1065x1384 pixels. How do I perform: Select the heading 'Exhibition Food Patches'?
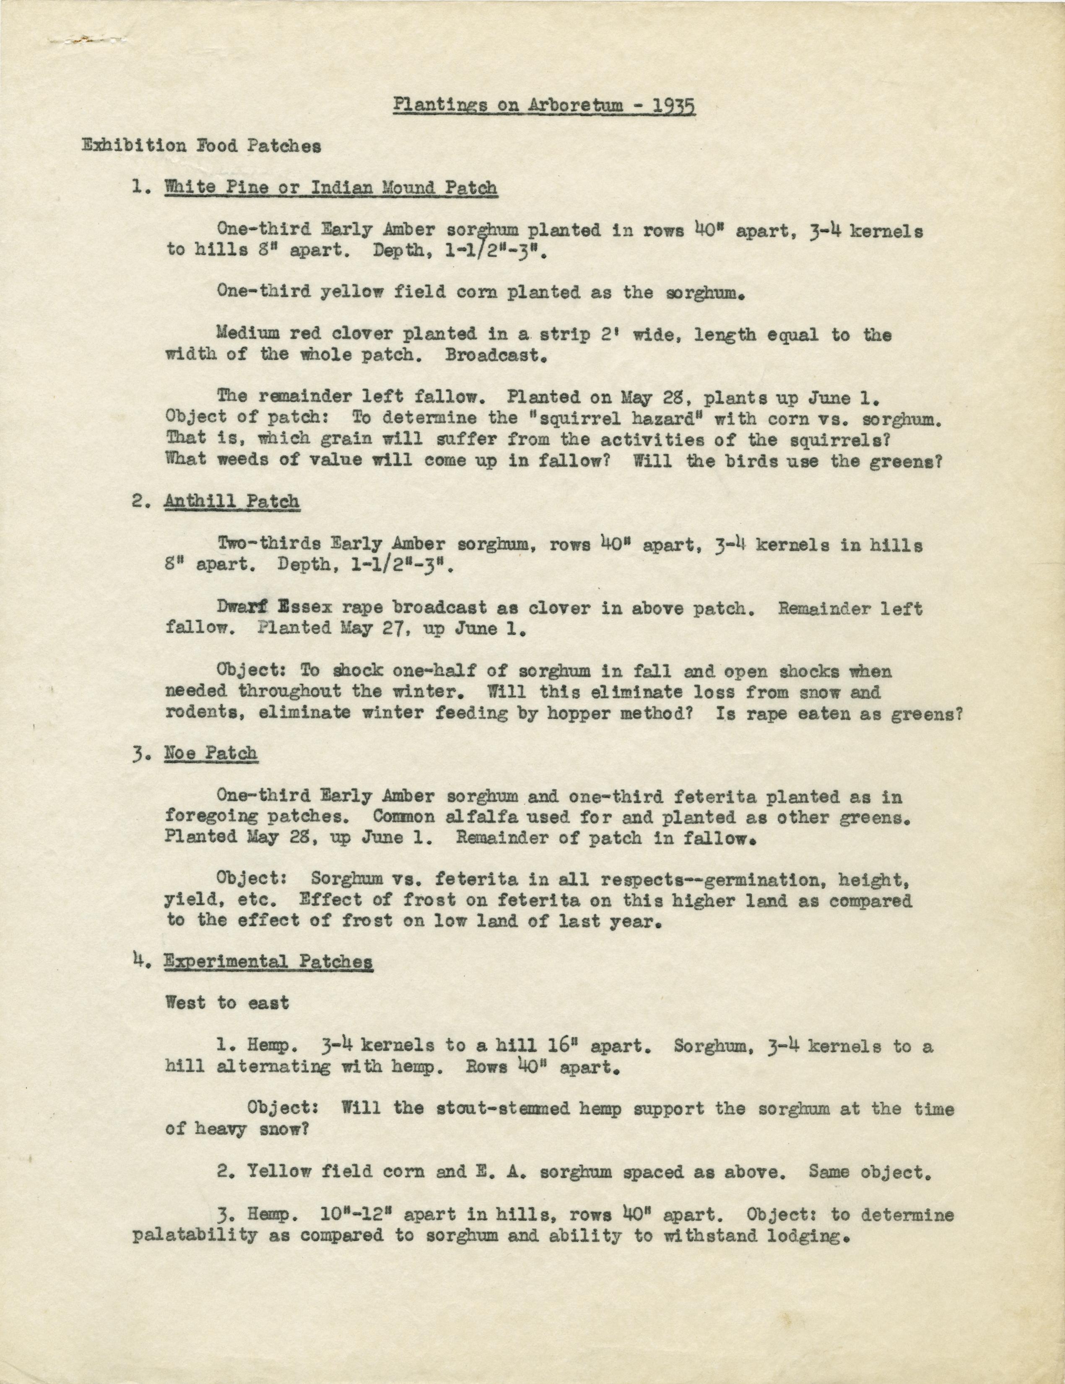pos(201,146)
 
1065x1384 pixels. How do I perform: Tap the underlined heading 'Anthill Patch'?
pos(232,501)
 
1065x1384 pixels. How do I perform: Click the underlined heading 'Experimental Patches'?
pos(268,961)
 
